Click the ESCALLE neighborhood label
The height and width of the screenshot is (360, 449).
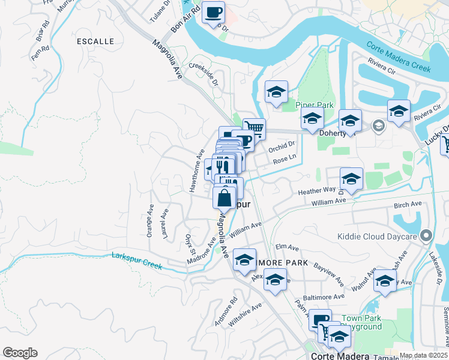pyautogui.click(x=95, y=41)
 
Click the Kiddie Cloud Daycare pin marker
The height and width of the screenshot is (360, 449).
pyautogui.click(x=427, y=236)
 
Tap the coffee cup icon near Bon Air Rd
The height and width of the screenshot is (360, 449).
pyautogui.click(x=213, y=12)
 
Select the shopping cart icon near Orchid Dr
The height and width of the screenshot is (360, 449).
pyautogui.click(x=254, y=128)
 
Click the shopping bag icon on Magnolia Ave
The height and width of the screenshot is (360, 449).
pyautogui.click(x=224, y=196)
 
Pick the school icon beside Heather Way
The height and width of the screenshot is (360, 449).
pyautogui.click(x=351, y=179)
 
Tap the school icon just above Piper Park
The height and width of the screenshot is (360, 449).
pyautogui.click(x=276, y=92)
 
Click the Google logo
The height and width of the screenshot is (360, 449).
pyautogui.click(x=20, y=353)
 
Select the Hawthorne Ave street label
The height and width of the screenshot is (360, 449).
pyautogui.click(x=194, y=171)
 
